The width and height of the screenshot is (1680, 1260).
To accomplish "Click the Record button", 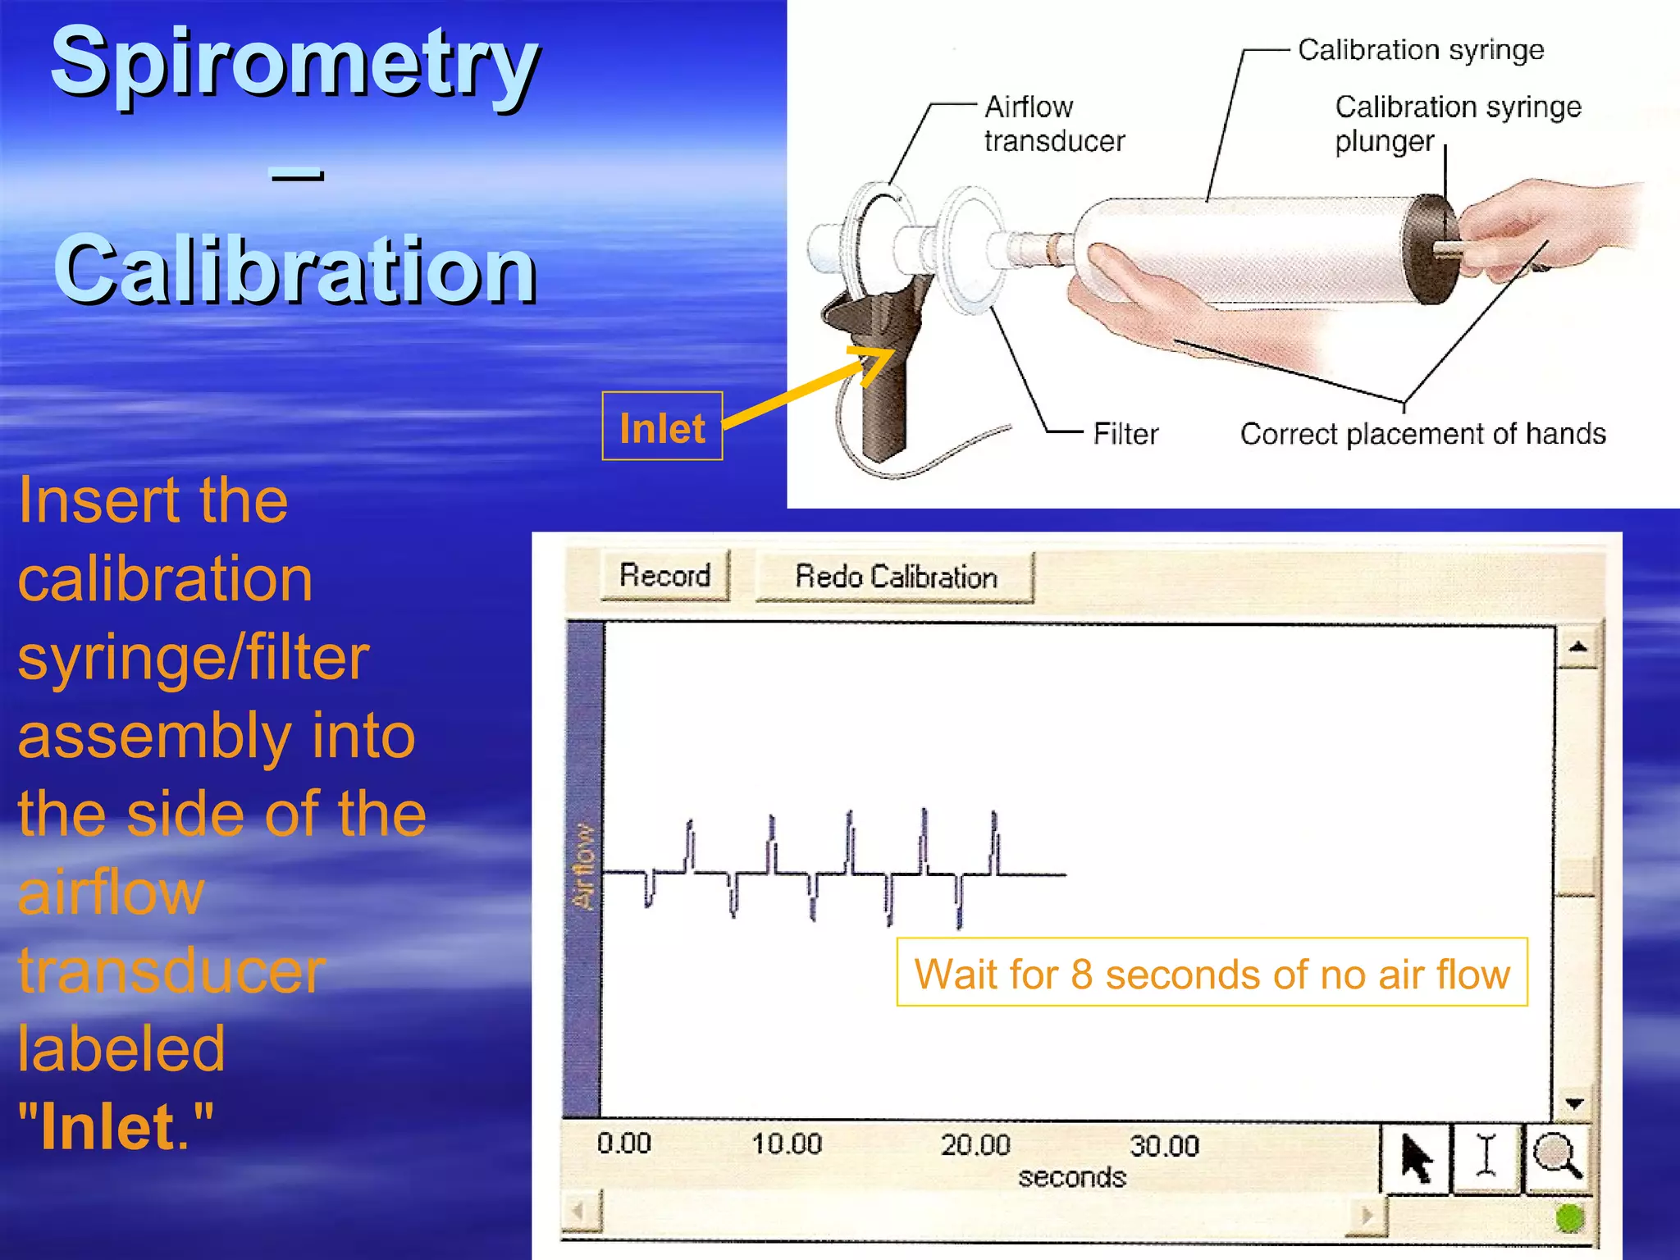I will pos(664,576).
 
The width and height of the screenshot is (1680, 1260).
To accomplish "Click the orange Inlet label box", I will pos(662,427).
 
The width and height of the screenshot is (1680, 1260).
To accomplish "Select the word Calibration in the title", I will pos(294,271).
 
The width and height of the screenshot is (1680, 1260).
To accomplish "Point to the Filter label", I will pos(1125,434).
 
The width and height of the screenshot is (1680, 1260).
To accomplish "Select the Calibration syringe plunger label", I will pos(1456,123).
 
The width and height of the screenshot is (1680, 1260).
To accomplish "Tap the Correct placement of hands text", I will pos(1422,434).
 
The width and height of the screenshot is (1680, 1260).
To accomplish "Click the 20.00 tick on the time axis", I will pos(975,1144).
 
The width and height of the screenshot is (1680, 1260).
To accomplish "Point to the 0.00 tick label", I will pos(623,1144).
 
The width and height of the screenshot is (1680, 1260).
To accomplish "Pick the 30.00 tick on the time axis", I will pos(1163,1145).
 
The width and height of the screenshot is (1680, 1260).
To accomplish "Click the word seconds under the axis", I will pos(1071,1178).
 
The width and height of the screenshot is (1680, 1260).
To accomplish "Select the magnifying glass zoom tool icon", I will pos(1556,1157).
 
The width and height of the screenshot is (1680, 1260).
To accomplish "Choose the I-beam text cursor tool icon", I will pos(1486,1157).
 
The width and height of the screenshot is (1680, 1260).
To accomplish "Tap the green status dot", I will pos(1569,1219).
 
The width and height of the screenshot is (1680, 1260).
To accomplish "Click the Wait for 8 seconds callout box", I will pos(1211,974).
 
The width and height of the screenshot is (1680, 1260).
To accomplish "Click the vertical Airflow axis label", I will pos(583,866).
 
